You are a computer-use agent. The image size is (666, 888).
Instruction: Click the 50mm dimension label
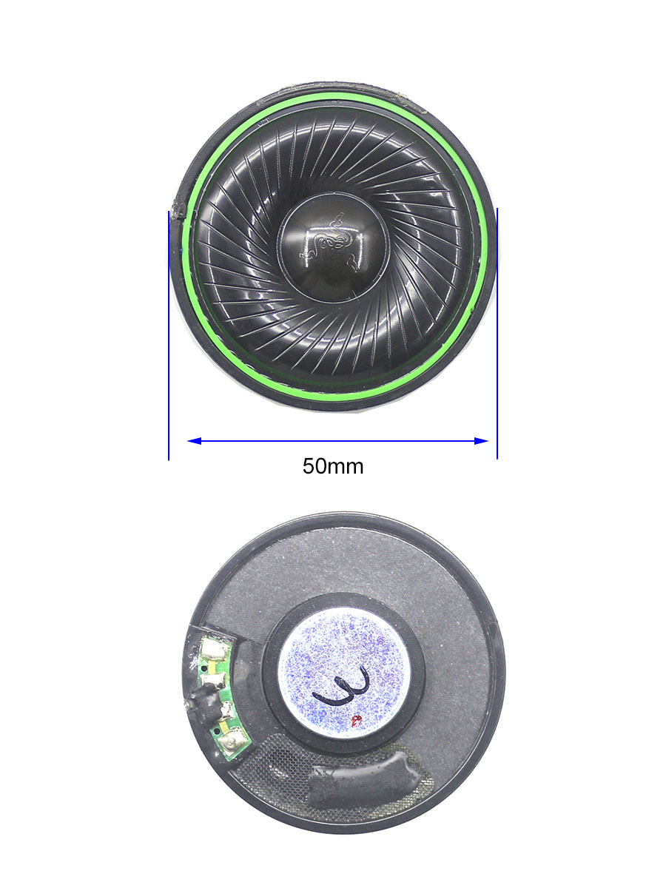333,466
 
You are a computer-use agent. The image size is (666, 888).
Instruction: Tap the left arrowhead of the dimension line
194,441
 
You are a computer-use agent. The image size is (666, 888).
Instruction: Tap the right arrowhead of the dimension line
481,441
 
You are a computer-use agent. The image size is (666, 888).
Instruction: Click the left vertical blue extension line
169,335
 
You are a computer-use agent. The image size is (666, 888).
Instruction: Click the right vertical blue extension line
497,333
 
